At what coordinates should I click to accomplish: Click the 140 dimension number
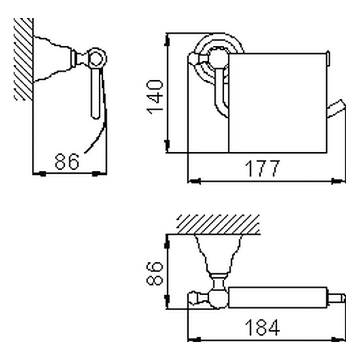pyautogui.click(x=155, y=97)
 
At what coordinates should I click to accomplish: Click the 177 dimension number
pyautogui.click(x=262, y=169)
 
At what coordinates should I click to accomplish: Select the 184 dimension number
pyautogui.click(x=262, y=327)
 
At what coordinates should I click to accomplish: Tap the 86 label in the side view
pyautogui.click(x=67, y=161)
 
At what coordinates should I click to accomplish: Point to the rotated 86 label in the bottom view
pyautogui.click(x=155, y=273)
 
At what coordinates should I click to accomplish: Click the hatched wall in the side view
pyautogui.click(x=24, y=59)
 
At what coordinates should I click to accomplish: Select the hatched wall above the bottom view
pyautogui.click(x=218, y=224)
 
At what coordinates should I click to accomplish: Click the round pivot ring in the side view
pyautogui.click(x=97, y=59)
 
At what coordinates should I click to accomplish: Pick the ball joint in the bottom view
pyautogui.click(x=219, y=298)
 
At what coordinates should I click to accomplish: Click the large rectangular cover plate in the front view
pyautogui.click(x=278, y=103)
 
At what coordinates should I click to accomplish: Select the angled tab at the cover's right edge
pyautogui.click(x=336, y=109)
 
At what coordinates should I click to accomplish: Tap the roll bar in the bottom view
pyautogui.click(x=278, y=297)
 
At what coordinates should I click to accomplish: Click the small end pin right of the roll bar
pyautogui.click(x=336, y=298)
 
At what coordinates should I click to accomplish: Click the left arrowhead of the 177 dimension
pyautogui.click(x=194, y=181)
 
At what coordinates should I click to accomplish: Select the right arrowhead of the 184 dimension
pyautogui.click(x=339, y=339)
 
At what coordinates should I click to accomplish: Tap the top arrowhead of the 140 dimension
pyautogui.click(x=167, y=41)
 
